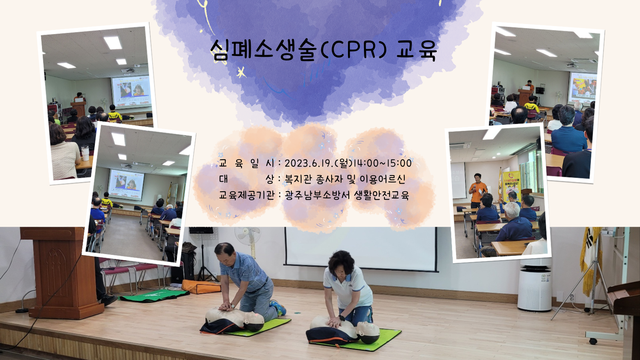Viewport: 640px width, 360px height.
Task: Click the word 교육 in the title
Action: point(417,50)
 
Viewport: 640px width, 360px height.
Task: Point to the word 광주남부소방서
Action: point(317,195)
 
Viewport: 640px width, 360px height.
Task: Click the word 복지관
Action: point(297,179)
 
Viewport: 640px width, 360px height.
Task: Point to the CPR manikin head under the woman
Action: point(368,332)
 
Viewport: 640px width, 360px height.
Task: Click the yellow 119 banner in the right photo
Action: point(511,186)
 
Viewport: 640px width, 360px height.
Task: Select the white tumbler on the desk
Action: point(85,152)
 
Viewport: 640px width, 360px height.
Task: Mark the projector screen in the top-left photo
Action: point(131,92)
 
